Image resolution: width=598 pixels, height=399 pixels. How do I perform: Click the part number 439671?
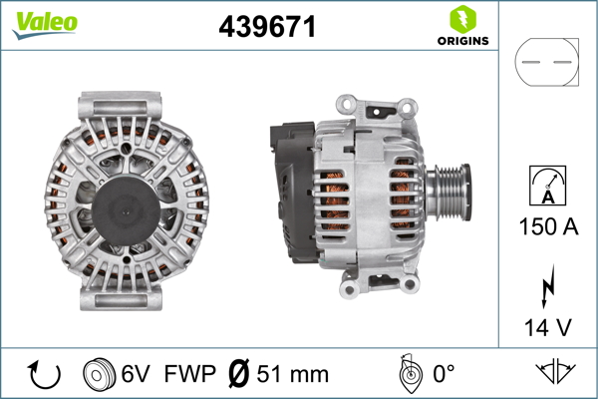click(267, 28)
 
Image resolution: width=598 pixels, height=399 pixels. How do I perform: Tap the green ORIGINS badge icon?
click(461, 18)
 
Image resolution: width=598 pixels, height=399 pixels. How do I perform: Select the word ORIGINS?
click(461, 41)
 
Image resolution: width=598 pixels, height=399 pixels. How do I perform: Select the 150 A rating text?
click(546, 226)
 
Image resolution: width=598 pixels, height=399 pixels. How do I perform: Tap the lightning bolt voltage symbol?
click(546, 286)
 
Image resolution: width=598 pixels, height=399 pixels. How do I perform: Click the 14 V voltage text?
click(546, 325)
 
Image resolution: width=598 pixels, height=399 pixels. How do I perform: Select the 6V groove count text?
click(138, 374)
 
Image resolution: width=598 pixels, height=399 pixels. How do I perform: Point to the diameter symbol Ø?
click(239, 374)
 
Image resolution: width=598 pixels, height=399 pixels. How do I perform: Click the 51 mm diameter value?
click(293, 374)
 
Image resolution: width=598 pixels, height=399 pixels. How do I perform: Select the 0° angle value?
click(444, 374)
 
